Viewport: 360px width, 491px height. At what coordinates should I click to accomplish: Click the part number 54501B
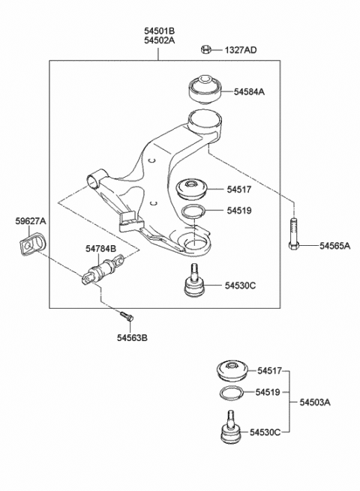[x=159, y=31]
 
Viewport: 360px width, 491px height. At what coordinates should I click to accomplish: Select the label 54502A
[x=159, y=40]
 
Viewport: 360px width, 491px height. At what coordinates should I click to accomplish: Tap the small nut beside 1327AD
[x=205, y=49]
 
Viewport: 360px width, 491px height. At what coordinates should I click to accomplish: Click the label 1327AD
[x=240, y=49]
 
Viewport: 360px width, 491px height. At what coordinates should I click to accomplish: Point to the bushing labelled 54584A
[x=205, y=89]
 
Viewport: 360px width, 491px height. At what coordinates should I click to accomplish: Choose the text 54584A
[x=249, y=91]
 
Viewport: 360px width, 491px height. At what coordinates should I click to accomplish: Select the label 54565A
[x=335, y=246]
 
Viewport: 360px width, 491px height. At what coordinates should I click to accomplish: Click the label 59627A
[x=31, y=221]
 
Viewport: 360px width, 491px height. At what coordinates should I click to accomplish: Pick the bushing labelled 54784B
[x=102, y=270]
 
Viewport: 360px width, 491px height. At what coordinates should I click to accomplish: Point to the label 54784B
[x=101, y=249]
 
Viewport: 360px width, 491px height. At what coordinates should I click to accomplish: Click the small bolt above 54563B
[x=127, y=316]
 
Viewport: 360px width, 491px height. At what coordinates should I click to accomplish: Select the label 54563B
[x=132, y=338]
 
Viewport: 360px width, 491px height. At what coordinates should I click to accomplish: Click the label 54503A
[x=315, y=402]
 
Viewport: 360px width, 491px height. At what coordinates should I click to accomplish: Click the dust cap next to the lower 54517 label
[x=232, y=371]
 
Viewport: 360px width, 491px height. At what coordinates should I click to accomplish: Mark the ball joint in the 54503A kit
[x=231, y=427]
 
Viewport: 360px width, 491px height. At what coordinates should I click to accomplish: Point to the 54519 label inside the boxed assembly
[x=239, y=211]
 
